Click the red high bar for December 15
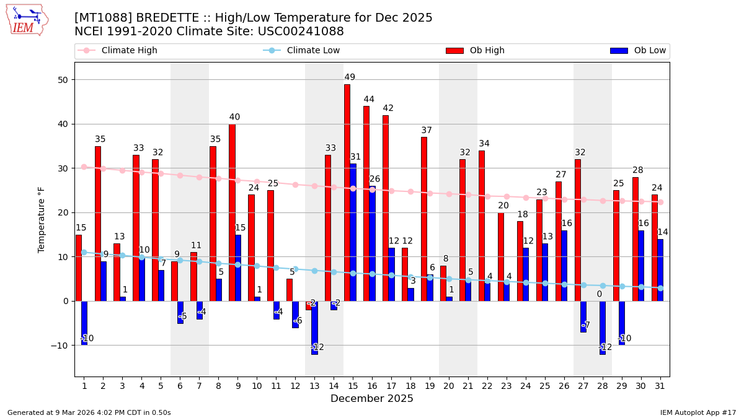click(347, 193)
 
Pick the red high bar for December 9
click(232, 212)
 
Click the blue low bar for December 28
click(603, 328)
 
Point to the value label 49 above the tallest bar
click(350, 77)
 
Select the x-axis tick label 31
click(660, 386)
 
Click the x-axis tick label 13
click(314, 386)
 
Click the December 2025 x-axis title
click(372, 399)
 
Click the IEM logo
click(27, 20)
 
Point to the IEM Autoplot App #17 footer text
click(697, 412)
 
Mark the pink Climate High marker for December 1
click(84, 167)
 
